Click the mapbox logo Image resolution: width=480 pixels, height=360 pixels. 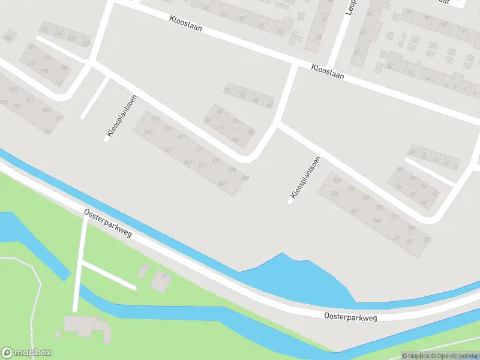click(x=26, y=353)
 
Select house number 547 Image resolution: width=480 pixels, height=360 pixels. click(x=223, y=183)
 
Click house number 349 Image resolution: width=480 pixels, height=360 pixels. click(x=377, y=220)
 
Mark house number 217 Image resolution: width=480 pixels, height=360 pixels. click(x=394, y=217)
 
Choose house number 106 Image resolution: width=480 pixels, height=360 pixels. click(x=235, y=139)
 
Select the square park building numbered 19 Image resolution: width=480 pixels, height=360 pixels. click(x=160, y=280)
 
